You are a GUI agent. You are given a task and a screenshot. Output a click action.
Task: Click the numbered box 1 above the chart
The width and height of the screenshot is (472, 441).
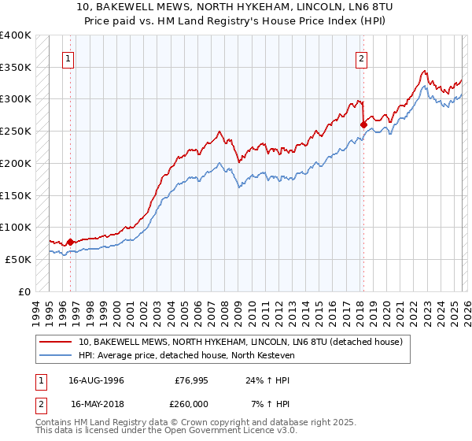click(x=69, y=57)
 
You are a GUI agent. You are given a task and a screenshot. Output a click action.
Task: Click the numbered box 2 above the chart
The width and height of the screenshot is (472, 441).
click(x=361, y=57)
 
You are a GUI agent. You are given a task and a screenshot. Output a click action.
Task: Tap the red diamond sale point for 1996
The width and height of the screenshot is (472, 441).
click(x=71, y=242)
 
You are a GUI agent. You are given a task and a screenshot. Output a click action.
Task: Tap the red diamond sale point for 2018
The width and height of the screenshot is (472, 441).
click(x=363, y=124)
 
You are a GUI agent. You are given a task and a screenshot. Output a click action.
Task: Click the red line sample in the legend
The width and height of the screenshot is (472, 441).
click(x=57, y=342)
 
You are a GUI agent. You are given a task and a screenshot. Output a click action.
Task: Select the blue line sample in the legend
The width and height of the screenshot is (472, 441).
click(x=57, y=355)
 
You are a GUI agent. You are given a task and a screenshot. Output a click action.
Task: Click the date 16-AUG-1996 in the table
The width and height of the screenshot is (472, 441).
click(x=97, y=380)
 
